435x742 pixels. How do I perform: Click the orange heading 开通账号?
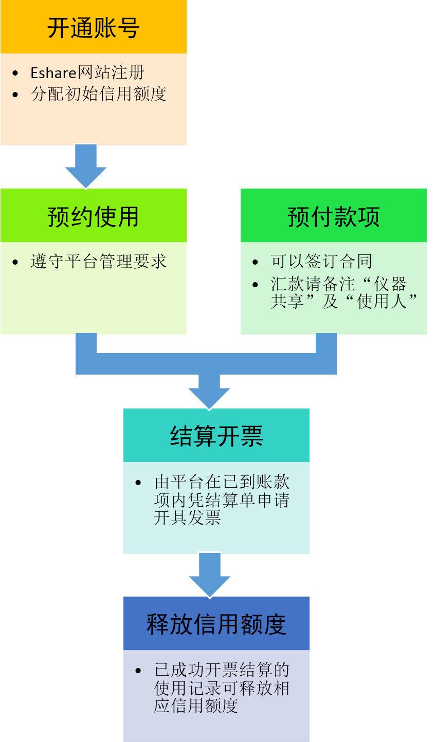click(93, 28)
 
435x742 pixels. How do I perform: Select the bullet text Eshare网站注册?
click(87, 73)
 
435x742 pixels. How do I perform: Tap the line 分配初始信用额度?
click(98, 94)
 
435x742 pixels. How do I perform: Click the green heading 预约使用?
click(93, 216)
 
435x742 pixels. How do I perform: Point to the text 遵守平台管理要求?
click(98, 262)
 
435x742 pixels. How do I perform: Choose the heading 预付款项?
click(333, 216)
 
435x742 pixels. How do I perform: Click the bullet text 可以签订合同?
click(321, 262)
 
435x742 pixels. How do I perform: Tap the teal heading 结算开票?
click(216, 436)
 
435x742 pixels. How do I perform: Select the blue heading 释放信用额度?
click(216, 624)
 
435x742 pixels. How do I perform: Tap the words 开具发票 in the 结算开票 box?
click(188, 517)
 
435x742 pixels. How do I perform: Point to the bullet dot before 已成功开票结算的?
click(138, 671)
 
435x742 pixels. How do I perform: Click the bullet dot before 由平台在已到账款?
click(138, 483)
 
